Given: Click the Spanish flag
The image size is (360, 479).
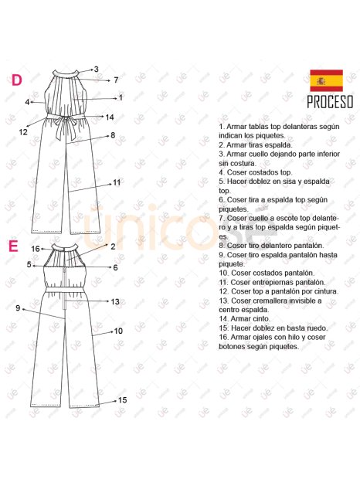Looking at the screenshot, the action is (x=326, y=80).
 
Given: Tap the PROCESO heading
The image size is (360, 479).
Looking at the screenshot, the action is (x=330, y=102).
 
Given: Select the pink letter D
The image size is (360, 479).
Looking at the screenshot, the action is (x=17, y=80).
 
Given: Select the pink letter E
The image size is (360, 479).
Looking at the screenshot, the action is (x=13, y=246).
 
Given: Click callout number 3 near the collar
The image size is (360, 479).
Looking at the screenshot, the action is (x=97, y=70).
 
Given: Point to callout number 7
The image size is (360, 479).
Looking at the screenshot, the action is (x=116, y=80).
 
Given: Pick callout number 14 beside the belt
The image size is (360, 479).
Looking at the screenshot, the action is (x=110, y=117).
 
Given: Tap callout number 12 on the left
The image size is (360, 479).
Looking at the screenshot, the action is (x=23, y=132).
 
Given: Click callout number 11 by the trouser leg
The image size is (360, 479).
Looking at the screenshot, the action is (x=117, y=182).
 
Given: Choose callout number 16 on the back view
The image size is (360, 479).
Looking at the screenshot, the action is (x=36, y=249).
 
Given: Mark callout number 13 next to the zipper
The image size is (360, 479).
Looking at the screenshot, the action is (x=115, y=302).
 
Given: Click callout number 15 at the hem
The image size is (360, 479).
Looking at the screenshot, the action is (x=122, y=400).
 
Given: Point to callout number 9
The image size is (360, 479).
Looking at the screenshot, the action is (x=18, y=308).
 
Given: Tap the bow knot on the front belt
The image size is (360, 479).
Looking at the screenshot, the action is (x=64, y=118).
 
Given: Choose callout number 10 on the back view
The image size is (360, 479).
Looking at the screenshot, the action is (x=118, y=331).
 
